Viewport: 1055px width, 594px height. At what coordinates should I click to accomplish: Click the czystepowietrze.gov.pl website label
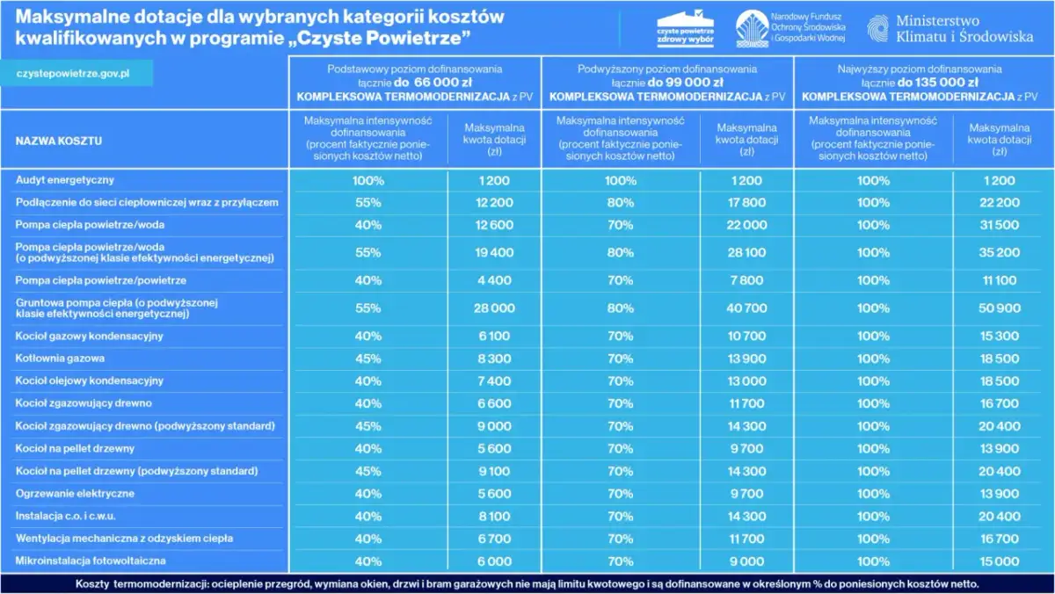click(74, 73)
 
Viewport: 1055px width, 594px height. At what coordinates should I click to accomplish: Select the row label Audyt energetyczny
click(65, 180)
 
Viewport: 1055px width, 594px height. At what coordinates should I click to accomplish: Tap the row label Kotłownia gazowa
click(60, 359)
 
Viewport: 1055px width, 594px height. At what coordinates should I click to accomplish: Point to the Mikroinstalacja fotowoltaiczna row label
click(91, 561)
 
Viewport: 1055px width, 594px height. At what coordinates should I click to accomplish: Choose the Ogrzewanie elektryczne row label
click(76, 494)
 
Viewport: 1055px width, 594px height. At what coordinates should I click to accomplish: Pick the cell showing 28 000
click(494, 308)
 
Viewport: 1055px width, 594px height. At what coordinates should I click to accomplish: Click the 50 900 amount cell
click(1000, 308)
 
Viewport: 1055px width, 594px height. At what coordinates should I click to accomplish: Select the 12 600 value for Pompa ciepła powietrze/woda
click(494, 225)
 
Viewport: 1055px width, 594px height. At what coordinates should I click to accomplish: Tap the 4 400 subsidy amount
click(494, 280)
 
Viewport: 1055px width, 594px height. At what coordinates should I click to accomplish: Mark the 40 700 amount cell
click(746, 308)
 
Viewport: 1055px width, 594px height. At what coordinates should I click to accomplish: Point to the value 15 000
click(1000, 561)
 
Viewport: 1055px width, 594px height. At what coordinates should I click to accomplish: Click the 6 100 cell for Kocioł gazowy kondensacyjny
click(494, 337)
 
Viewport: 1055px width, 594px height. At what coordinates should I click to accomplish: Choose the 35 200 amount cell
click(1000, 253)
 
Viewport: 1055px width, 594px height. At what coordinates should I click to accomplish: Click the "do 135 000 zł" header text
click(933, 82)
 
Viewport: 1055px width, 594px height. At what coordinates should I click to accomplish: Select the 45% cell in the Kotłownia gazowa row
click(368, 359)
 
